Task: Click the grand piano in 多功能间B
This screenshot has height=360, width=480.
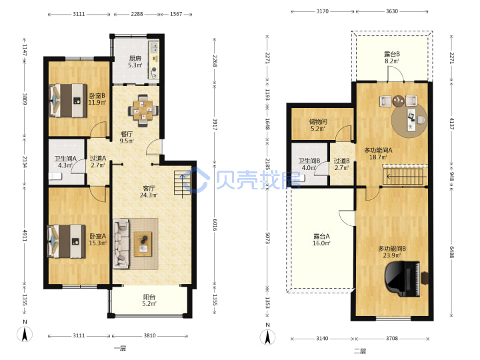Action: click(x=403, y=279)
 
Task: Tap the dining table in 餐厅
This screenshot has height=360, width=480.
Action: click(x=143, y=110)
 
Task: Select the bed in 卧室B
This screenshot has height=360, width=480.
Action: click(x=68, y=101)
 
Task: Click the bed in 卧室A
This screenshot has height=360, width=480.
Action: click(x=66, y=241)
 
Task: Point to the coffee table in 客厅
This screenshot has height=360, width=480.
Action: click(x=143, y=244)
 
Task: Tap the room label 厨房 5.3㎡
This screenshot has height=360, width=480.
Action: click(x=135, y=61)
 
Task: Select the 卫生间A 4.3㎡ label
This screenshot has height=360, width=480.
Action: click(x=65, y=161)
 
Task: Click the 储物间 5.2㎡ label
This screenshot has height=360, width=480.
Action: click(x=318, y=125)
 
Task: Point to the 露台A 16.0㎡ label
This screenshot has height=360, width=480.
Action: click(x=321, y=240)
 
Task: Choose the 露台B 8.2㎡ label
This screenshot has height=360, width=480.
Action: click(x=392, y=57)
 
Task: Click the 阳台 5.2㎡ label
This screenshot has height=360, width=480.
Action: click(x=149, y=300)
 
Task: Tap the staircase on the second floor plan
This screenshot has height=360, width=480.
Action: click(x=404, y=176)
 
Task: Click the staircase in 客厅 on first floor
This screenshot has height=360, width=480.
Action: click(x=183, y=183)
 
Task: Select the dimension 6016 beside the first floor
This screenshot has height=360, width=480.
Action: click(x=215, y=225)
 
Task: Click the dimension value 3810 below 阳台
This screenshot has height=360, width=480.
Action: click(x=150, y=335)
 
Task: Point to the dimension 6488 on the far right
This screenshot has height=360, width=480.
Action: click(x=452, y=252)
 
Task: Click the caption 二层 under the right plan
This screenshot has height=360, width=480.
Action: click(x=360, y=351)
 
